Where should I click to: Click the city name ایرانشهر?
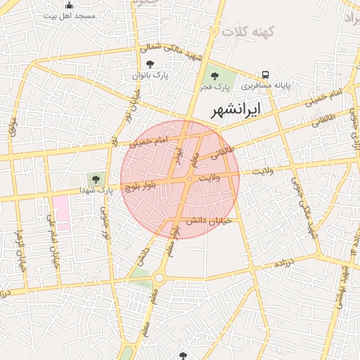click(235, 110)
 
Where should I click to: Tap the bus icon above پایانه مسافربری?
click(266, 75)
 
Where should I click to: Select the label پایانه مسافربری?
click(268, 86)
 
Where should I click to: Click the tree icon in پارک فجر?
click(214, 75)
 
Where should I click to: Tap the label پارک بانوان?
click(153, 75)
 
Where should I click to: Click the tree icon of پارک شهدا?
click(93, 179)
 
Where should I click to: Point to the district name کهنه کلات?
click(245, 32)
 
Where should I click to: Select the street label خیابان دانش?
click(204, 221)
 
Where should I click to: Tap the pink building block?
click(60, 213)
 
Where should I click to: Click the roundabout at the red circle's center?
click(190, 179)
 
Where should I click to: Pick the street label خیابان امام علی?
click(51, 240)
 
